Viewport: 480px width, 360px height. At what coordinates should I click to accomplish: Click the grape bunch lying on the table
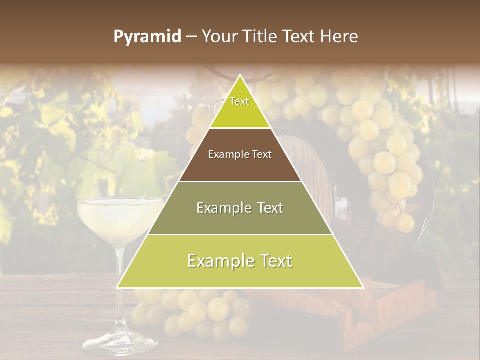pyautogui.click(x=200, y=310)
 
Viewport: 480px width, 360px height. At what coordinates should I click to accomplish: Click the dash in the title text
pyautogui.click(x=190, y=37)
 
